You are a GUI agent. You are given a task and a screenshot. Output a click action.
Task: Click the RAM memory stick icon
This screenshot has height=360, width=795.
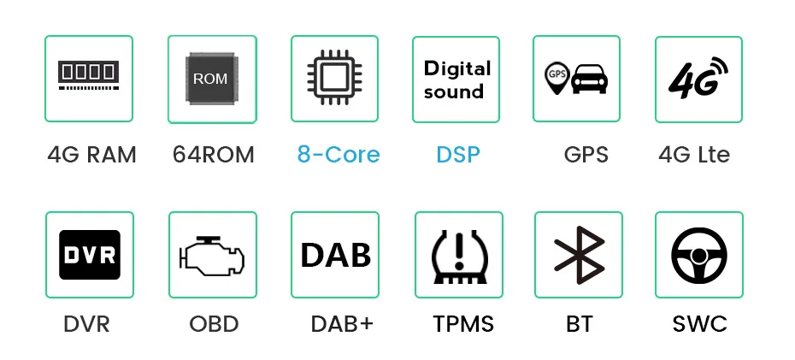point(89,76)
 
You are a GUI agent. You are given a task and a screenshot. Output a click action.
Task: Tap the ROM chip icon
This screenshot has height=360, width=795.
point(210,79)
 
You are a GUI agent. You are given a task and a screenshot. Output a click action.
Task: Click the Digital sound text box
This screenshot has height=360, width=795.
point(456,80)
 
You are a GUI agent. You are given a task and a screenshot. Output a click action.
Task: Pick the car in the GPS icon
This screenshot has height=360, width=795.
point(589,80)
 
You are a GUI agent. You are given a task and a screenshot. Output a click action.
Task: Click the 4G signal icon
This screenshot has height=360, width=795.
point(698,78)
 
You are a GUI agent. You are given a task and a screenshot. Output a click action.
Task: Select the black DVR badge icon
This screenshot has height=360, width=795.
point(89,255)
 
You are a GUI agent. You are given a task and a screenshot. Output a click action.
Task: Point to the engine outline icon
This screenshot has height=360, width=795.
point(210,255)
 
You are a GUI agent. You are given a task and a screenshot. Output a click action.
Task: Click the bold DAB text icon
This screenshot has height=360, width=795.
point(335,255)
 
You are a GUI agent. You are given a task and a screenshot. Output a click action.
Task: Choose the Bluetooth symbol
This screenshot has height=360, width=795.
point(578,255)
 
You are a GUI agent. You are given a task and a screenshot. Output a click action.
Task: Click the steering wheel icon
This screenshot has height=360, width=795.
point(698,255)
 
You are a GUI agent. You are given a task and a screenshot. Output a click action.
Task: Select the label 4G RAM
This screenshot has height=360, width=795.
point(91,155)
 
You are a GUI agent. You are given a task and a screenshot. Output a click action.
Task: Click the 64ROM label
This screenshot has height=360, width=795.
point(213,155)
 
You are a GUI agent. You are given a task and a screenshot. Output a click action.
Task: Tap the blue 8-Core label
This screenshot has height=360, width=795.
point(339,155)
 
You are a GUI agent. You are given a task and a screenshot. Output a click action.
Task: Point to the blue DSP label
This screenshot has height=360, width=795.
point(458,155)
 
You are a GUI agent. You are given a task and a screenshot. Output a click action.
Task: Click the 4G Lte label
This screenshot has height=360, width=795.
point(694,155)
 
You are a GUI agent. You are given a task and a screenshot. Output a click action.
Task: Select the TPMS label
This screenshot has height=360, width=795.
point(463,325)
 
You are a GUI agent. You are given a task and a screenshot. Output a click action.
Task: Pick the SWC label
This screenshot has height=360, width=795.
point(699,325)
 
